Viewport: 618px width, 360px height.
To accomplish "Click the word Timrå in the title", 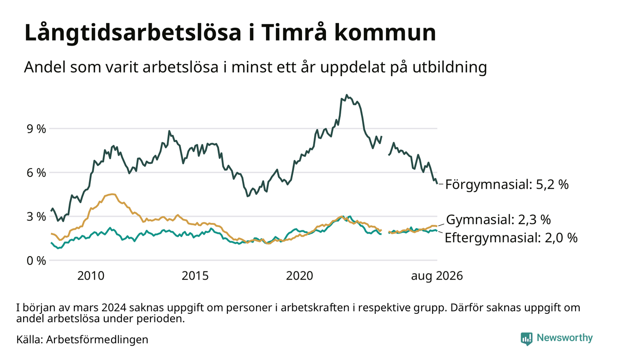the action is [294, 33].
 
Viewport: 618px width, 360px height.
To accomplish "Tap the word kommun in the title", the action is [385, 33].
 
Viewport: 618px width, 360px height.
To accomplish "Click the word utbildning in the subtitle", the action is [449, 67].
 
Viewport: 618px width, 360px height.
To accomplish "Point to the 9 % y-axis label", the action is [36, 129].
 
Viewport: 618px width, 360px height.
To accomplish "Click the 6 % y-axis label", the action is [36, 173].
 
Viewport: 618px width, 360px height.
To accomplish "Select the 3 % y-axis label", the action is [36, 217].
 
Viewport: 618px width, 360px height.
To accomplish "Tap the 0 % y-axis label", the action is [36, 261].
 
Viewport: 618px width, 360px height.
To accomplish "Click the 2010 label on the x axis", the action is [91, 276].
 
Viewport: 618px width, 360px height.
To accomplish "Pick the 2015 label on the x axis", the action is [195, 276].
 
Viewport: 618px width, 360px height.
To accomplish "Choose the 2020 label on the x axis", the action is [300, 276].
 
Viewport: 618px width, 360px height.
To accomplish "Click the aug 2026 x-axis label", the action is [437, 276].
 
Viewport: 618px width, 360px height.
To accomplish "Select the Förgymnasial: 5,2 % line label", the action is [507, 185].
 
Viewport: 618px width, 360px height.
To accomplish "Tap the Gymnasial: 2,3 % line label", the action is [498, 220].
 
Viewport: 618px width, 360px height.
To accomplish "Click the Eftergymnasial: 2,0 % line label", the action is [511, 238].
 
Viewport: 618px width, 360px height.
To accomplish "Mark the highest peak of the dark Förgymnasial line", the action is [347, 95].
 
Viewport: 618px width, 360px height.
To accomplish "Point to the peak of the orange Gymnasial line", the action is [112, 194].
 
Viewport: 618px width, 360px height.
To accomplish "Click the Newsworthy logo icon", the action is [526, 338].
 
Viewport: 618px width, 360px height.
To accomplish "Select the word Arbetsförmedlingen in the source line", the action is [97, 340].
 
